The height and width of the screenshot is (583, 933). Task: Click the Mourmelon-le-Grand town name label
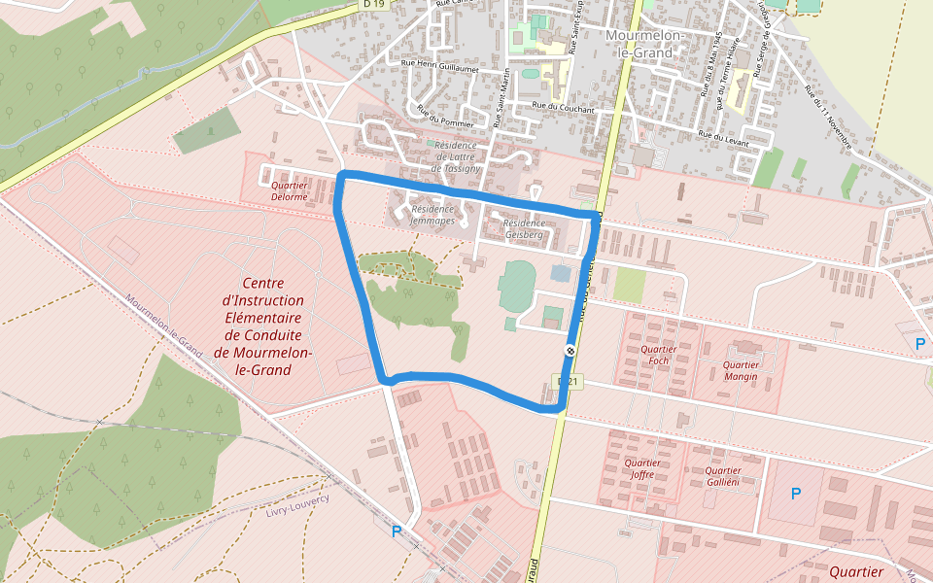coord(645,44)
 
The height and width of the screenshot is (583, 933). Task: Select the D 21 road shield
coord(568,382)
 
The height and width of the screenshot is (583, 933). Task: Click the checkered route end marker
coord(570,351)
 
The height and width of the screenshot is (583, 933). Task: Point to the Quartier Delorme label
coord(290,190)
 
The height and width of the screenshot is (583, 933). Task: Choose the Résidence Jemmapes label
coord(432,215)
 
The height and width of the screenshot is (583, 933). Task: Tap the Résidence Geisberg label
coord(523,228)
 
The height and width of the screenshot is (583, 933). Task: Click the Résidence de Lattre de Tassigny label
coord(457,156)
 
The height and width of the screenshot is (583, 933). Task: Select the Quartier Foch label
coord(659,355)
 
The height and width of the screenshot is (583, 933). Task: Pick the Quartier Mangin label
coord(741,370)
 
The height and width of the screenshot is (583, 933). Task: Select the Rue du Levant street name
coord(723,139)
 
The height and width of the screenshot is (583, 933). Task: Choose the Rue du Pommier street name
coord(444,116)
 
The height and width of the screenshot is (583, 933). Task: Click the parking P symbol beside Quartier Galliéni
coord(796,494)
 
